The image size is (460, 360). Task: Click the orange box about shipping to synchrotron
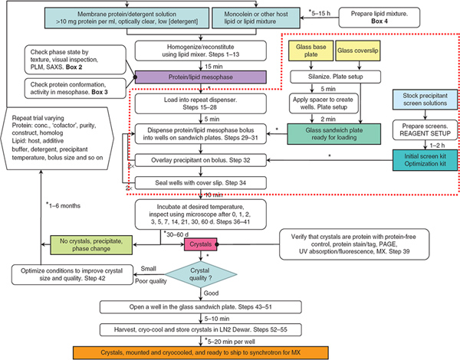tap(232, 351)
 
